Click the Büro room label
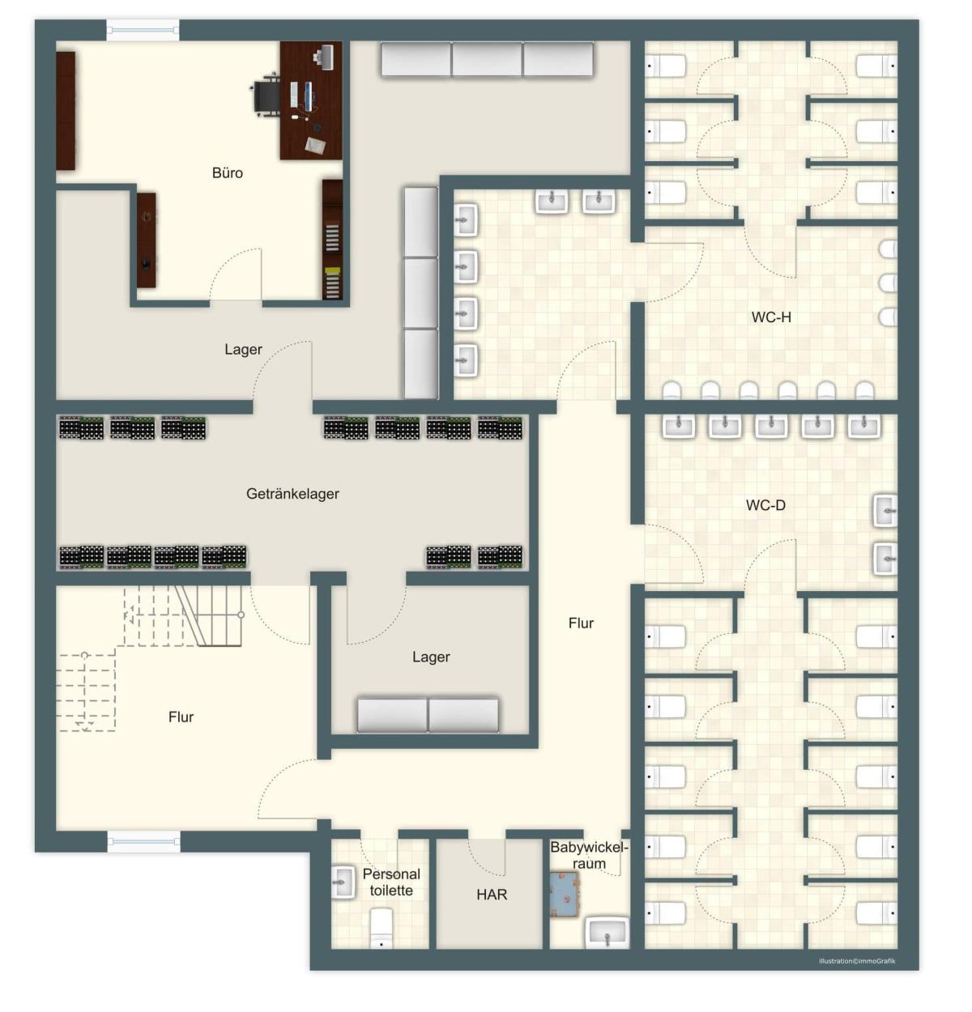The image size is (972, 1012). pyautogui.click(x=228, y=172)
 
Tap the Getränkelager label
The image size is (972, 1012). pyautogui.click(x=292, y=494)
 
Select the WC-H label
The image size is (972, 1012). pyautogui.click(x=770, y=317)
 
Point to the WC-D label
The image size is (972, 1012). pyautogui.click(x=765, y=505)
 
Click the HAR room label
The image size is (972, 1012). pyautogui.click(x=491, y=895)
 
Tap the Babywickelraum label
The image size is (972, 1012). pyautogui.click(x=589, y=856)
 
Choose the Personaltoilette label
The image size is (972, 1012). pyautogui.click(x=391, y=882)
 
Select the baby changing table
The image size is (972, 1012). pyautogui.click(x=565, y=895)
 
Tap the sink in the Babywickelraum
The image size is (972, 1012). pyautogui.click(x=607, y=933)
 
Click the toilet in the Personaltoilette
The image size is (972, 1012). pyautogui.click(x=381, y=929)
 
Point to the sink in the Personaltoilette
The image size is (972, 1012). pyautogui.click(x=343, y=882)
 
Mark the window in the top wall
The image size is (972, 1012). pyautogui.click(x=143, y=30)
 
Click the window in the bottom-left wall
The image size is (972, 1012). pyautogui.click(x=143, y=841)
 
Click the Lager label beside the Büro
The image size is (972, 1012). pyautogui.click(x=243, y=350)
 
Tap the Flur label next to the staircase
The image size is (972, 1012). pyautogui.click(x=181, y=717)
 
